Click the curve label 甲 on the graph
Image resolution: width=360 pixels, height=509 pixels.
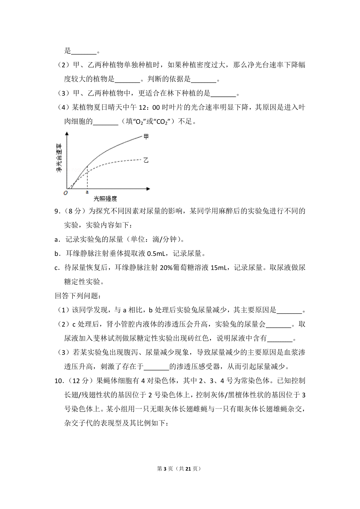(146, 137)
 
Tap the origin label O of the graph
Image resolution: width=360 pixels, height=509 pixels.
(65, 193)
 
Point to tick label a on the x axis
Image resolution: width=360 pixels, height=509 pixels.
(87, 192)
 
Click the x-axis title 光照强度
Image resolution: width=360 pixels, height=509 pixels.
(105, 198)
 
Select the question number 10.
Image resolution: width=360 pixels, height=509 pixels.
(58, 381)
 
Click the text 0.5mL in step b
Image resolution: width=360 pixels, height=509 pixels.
(155, 254)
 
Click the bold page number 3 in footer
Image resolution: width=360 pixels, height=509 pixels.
(165, 469)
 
